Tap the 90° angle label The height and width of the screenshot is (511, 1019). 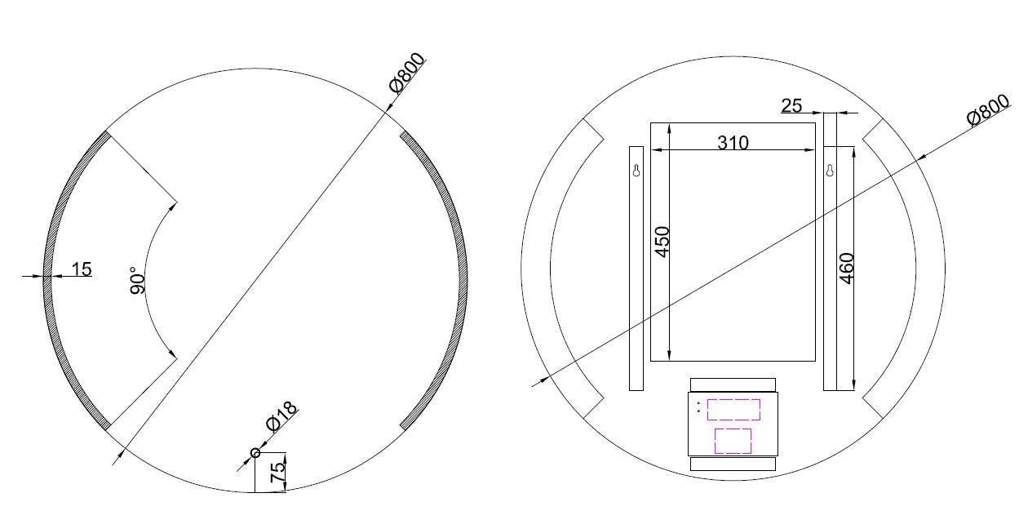pyautogui.click(x=138, y=279)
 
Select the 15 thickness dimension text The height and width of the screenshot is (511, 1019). pyautogui.click(x=82, y=269)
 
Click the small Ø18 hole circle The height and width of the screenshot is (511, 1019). pyautogui.click(x=255, y=453)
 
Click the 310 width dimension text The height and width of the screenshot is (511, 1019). pyautogui.click(x=732, y=143)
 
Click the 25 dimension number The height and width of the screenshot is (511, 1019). pyautogui.click(x=791, y=105)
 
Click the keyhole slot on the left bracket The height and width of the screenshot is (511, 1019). pyautogui.click(x=636, y=170)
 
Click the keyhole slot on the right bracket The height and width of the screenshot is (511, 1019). pyautogui.click(x=830, y=171)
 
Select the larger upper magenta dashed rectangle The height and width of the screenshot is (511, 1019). pyautogui.click(x=733, y=409)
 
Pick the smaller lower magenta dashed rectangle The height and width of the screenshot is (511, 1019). pyautogui.click(x=733, y=441)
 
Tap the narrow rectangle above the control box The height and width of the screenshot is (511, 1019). pyautogui.click(x=733, y=384)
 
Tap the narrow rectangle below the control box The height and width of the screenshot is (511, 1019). pyautogui.click(x=733, y=464)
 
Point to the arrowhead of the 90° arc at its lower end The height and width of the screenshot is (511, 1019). pyautogui.click(x=172, y=353)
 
